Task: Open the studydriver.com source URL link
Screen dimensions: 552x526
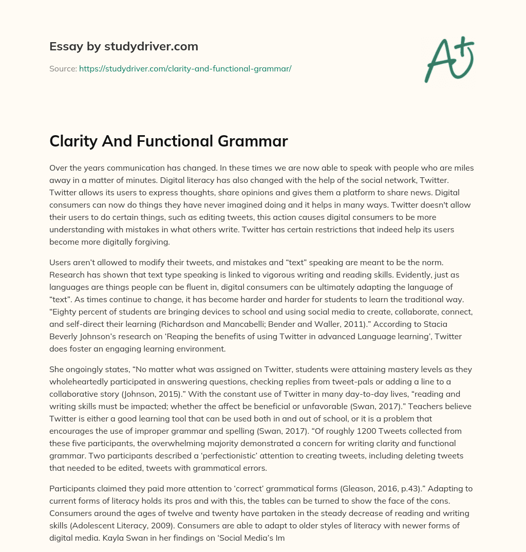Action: (x=185, y=68)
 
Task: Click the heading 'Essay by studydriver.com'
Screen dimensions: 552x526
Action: (x=124, y=46)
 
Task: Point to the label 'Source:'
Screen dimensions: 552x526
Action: (x=63, y=68)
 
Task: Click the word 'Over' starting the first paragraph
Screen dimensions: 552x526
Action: (x=59, y=168)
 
